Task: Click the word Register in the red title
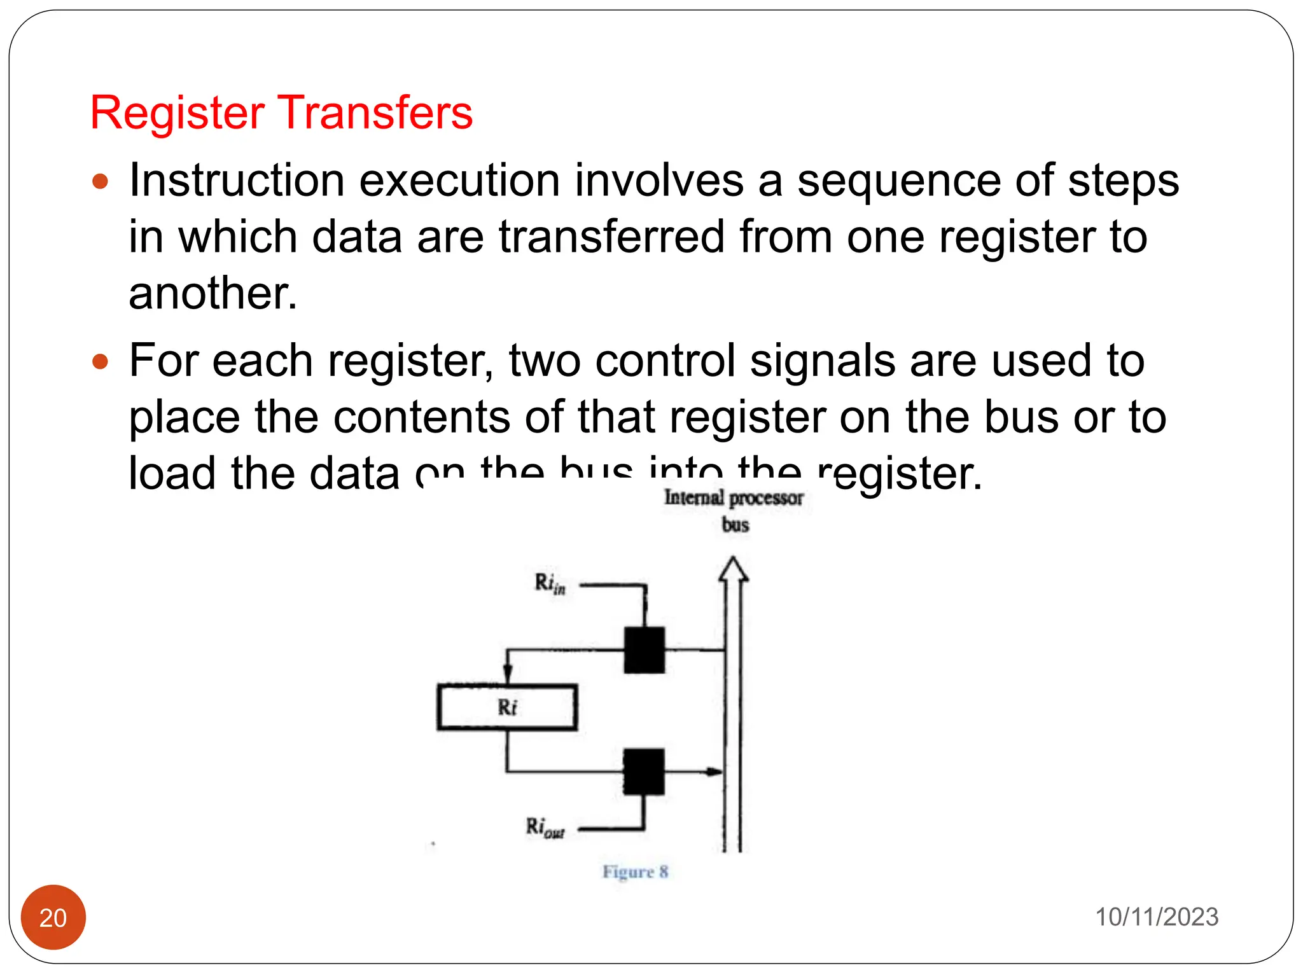177,113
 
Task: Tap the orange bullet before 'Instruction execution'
100,183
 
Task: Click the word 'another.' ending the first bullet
213,294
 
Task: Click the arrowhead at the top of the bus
734,569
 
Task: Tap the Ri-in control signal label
550,583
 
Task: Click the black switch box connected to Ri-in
644,650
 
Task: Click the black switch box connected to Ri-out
644,772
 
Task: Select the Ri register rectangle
507,707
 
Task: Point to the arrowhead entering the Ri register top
508,674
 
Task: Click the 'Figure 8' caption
636,871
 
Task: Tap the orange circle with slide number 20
53,917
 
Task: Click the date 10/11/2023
1156,917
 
